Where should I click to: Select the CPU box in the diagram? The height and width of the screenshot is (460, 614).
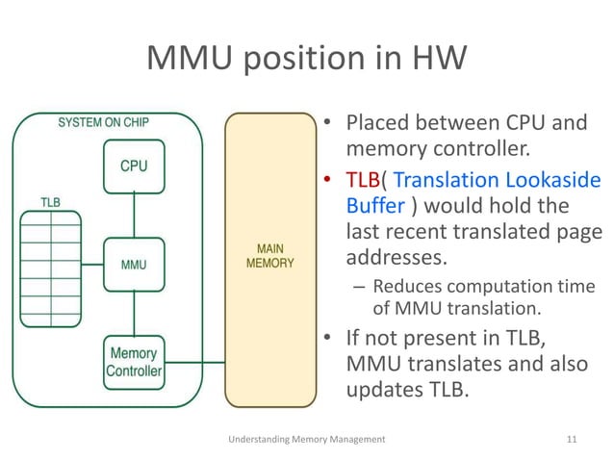point(134,166)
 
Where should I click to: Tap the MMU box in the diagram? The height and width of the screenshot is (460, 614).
point(134,262)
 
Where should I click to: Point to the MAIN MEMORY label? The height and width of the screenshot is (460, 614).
point(270,254)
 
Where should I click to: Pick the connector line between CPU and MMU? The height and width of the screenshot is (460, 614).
point(134,214)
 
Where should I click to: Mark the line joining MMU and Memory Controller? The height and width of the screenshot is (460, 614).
point(134,310)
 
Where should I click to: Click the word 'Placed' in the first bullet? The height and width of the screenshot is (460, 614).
point(378,124)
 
